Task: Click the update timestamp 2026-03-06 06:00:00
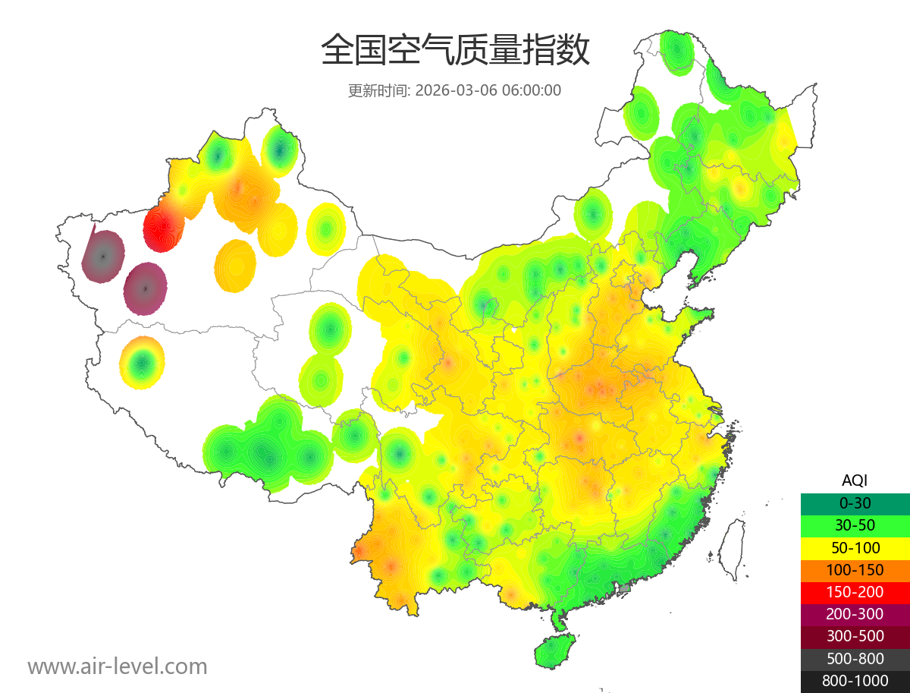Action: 488,90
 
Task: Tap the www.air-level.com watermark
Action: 118,666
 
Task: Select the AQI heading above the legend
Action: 855,480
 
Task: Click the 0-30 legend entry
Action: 855,503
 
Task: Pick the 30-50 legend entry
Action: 855,525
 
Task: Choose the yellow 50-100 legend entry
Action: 855,547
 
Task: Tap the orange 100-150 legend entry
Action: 855,569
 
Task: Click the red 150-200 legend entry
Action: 855,591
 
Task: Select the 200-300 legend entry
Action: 855,613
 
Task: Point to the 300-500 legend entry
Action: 855,636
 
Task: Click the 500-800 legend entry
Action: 855,658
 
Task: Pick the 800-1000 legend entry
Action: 855,681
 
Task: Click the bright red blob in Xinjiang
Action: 162,225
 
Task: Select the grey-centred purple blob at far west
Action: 103,256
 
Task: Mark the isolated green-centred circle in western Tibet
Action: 142,363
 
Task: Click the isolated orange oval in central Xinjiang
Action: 235,266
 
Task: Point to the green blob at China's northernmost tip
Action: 676,52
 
